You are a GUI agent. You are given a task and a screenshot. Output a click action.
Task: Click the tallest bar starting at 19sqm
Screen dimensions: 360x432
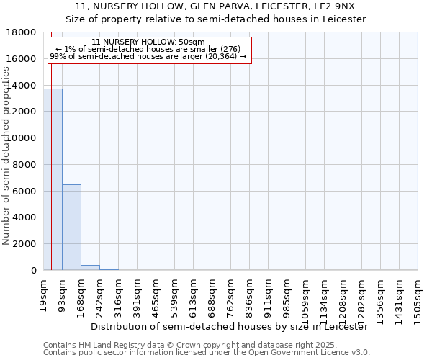click(53, 179)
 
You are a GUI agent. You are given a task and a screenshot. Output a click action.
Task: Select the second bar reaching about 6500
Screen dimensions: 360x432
click(71, 227)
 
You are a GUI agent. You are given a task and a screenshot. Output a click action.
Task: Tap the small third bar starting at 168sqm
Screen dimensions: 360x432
click(90, 267)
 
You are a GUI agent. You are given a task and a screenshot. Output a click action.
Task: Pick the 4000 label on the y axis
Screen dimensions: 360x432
click(26, 217)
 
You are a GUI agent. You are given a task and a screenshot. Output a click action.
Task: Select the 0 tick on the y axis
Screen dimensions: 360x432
click(33, 271)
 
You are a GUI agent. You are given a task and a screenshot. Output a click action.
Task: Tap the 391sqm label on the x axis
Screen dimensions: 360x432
click(138, 293)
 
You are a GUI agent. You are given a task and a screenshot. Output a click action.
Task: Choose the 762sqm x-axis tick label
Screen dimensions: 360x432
click(231, 293)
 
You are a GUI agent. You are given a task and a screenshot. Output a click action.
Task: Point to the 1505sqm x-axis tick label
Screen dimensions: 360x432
click(418, 296)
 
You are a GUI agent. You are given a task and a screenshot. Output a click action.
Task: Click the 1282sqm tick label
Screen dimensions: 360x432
click(362, 296)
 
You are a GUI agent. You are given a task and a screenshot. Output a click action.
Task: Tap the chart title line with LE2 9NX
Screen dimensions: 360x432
click(216, 6)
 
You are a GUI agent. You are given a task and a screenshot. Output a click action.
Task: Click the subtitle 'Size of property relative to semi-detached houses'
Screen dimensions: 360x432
click(216, 19)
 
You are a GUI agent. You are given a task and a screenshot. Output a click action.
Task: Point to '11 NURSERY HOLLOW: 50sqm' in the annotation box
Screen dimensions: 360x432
click(149, 42)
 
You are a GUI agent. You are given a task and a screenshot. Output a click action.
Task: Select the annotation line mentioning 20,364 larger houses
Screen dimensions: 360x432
click(149, 56)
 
